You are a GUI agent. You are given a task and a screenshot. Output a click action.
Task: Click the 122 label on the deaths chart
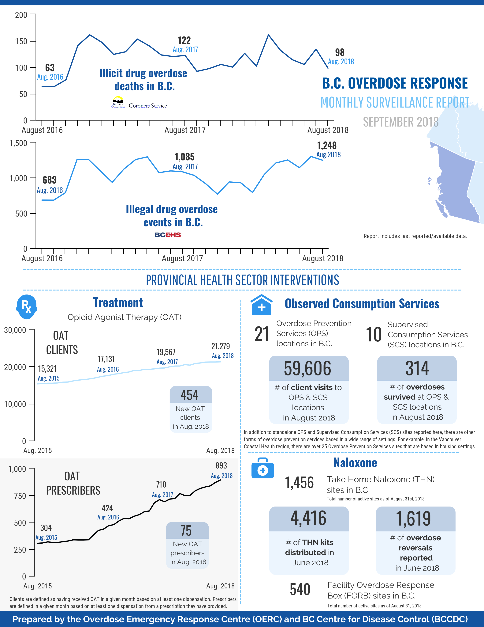(184, 40)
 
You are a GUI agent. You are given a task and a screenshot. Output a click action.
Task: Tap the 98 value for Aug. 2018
(340, 53)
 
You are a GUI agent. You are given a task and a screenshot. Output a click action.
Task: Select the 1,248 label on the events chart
(327, 146)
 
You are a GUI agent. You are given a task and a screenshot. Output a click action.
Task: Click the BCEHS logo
(168, 235)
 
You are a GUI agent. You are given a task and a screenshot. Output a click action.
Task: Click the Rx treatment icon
(26, 307)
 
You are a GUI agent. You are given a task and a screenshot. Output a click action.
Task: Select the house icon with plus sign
(261, 305)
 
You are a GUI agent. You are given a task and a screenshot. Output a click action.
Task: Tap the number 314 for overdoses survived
(417, 368)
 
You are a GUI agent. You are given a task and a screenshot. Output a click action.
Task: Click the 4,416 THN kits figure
(308, 518)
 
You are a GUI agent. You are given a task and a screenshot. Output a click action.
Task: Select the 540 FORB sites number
(300, 589)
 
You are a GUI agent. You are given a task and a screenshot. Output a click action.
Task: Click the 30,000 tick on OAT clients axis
(15, 330)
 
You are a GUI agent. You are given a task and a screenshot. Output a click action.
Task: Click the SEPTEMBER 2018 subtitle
(400, 122)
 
